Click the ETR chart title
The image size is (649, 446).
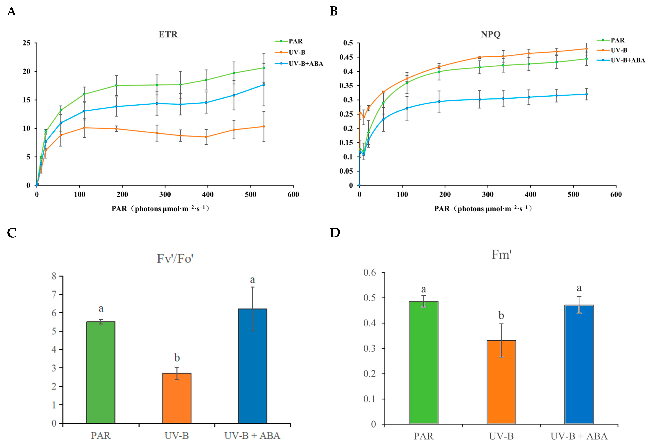click(x=168, y=34)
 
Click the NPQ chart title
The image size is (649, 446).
click(x=491, y=34)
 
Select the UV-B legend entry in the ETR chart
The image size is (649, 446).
click(x=290, y=52)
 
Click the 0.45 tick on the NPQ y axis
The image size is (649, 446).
click(x=346, y=57)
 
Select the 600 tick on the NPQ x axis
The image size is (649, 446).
click(x=616, y=195)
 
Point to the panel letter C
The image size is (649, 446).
click(x=12, y=233)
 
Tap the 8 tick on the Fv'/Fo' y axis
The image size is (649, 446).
click(x=54, y=276)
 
